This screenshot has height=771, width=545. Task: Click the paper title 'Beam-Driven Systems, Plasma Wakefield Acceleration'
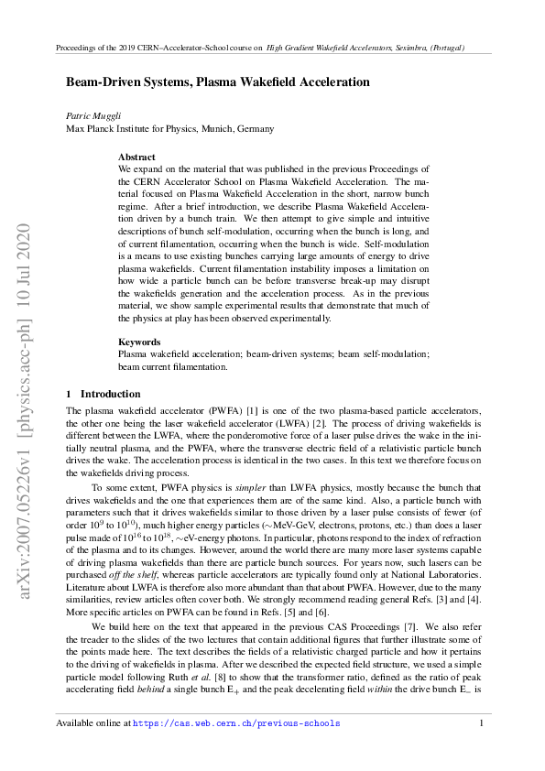click(x=217, y=81)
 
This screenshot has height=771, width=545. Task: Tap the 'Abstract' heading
click(x=137, y=157)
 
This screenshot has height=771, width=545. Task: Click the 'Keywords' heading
click(x=140, y=342)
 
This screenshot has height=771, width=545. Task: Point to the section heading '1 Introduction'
click(x=104, y=394)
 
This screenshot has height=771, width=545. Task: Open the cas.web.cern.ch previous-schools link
click(x=236, y=723)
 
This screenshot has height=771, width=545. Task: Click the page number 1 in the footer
click(x=481, y=723)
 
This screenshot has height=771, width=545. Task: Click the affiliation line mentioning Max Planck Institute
click(x=169, y=129)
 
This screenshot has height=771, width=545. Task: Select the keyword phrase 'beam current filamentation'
click(x=171, y=366)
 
